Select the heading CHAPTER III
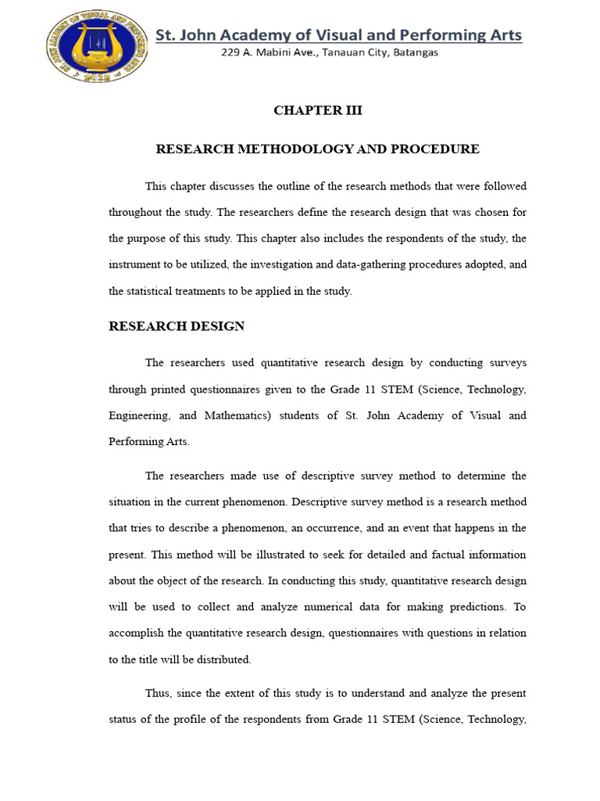point(317,110)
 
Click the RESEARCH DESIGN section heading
point(176,326)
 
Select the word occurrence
point(319,528)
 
